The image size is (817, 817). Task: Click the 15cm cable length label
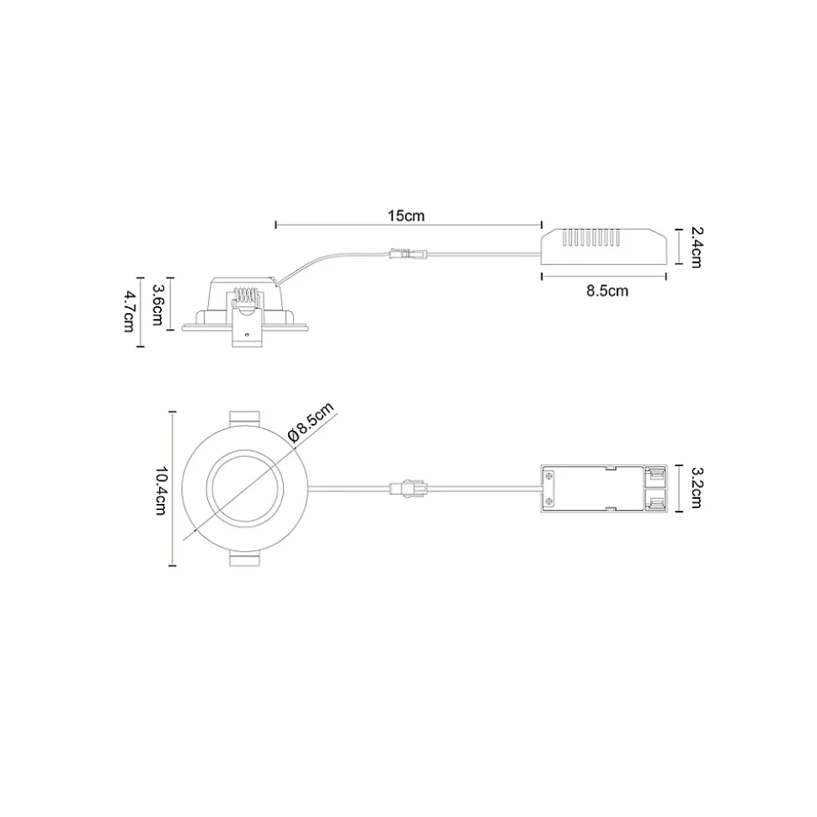tap(406, 215)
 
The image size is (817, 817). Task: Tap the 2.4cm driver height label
tap(696, 247)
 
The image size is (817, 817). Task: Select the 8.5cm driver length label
tap(606, 291)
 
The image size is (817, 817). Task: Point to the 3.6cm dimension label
tap(158, 305)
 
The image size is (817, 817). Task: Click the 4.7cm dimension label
tap(128, 311)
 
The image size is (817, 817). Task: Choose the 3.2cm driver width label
tap(696, 487)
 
